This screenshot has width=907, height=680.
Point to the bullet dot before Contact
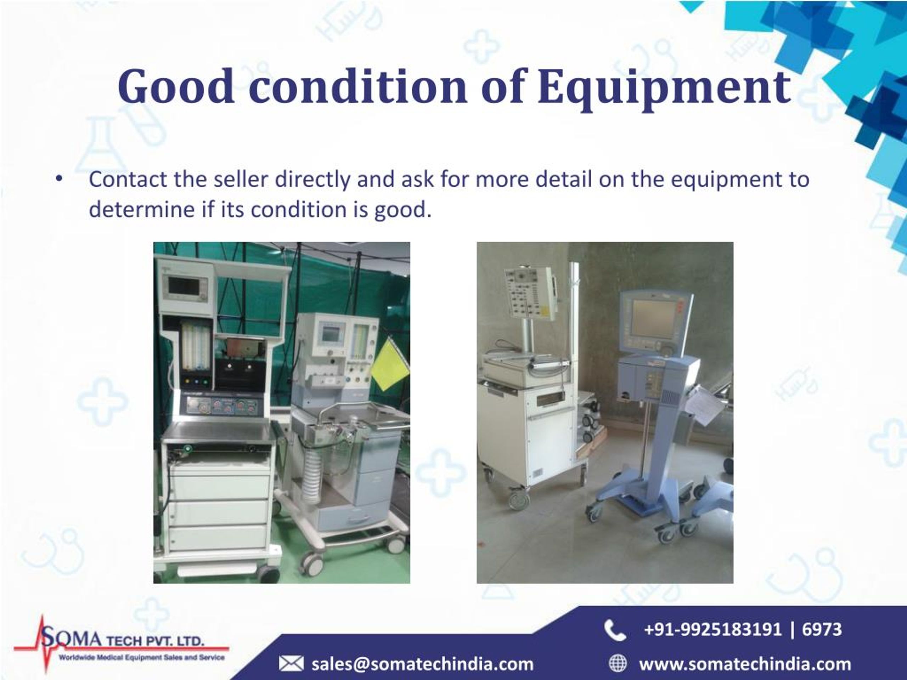pyautogui.click(x=59, y=179)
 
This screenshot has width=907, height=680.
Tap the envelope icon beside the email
pyautogui.click(x=291, y=664)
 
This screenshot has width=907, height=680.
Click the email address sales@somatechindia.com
pyautogui.click(x=422, y=664)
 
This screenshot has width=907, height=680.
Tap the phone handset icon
pyautogui.click(x=615, y=630)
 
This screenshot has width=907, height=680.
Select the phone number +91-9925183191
pyautogui.click(x=712, y=629)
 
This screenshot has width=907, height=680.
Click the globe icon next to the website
pyautogui.click(x=618, y=664)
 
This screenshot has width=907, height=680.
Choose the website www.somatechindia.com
pyautogui.click(x=745, y=664)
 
